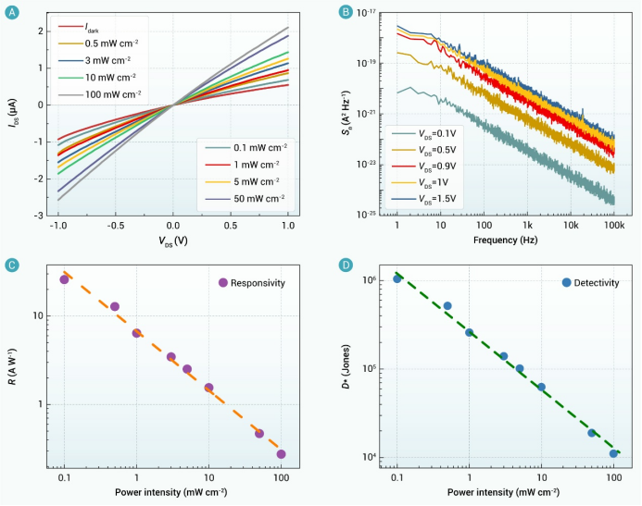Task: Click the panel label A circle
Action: tap(13, 12)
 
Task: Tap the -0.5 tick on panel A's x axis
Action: tap(115, 225)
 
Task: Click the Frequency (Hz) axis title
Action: tap(506, 240)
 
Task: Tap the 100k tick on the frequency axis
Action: tap(613, 225)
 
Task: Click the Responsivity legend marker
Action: tap(222, 282)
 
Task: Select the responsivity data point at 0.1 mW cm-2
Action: tap(65, 279)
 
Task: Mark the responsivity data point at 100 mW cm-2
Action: tap(281, 454)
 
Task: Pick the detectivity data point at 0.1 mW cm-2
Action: tap(397, 278)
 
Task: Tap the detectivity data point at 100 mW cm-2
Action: tap(613, 453)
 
